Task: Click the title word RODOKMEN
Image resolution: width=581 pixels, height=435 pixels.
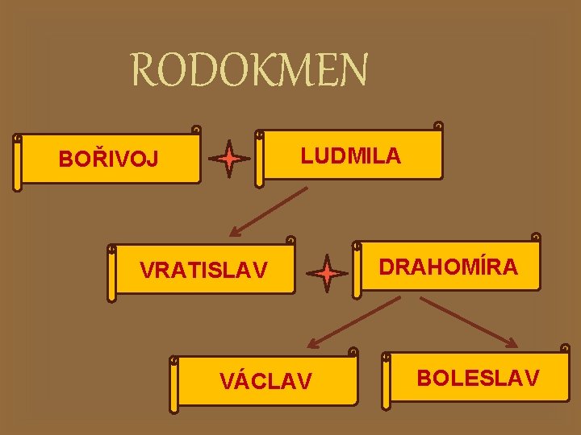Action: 249,71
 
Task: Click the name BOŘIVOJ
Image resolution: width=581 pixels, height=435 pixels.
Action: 108,159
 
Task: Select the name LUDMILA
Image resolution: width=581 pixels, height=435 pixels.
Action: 350,155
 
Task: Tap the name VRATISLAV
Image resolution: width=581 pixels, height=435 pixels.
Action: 203,271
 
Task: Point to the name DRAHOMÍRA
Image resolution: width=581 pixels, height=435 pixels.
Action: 449,267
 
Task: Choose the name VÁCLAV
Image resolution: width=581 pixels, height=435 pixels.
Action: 265,381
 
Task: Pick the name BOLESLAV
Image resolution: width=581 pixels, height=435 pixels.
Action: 478,377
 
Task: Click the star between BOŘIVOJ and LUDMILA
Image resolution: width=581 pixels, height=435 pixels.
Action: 230,159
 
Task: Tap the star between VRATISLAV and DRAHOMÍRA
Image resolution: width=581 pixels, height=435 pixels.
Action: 328,274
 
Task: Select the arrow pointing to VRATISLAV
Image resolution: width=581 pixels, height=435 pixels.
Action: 269,211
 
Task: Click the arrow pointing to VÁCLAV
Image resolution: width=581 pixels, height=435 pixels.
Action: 355,322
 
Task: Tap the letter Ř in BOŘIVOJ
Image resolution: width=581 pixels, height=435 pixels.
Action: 98,158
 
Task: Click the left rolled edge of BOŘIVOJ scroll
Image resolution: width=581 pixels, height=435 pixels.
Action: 18,164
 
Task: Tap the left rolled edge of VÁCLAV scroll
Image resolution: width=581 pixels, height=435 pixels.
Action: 173,383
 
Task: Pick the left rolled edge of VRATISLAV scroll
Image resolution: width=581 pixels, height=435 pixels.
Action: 112,273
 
